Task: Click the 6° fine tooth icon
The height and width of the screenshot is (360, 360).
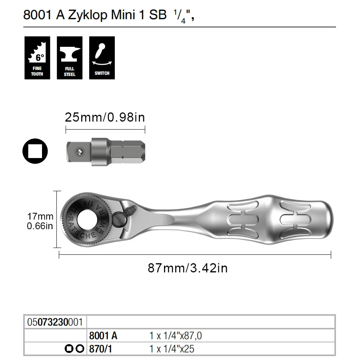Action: (x=37, y=58)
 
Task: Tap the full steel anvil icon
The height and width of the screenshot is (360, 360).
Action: (x=70, y=58)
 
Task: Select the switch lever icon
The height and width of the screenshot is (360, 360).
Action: (x=102, y=58)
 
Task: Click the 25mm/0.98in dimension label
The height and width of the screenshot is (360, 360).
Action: (x=105, y=118)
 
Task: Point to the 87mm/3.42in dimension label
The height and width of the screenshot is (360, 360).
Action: (x=188, y=268)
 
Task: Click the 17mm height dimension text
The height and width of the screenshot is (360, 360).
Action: (x=40, y=216)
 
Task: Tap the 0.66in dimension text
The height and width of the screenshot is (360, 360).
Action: (x=40, y=226)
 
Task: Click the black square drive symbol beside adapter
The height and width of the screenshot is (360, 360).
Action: (x=35, y=151)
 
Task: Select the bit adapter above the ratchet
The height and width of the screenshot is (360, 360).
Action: (x=105, y=152)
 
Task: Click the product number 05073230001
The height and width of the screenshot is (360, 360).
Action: (x=55, y=322)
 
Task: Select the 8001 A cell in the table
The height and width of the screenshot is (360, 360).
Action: (x=103, y=336)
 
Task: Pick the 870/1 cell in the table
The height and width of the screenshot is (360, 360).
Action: (x=100, y=349)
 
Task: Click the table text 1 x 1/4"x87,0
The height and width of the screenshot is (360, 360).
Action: (x=178, y=336)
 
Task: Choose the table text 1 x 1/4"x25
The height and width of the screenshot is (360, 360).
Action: (x=172, y=349)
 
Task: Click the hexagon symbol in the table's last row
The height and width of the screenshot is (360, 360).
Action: (x=80, y=349)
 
